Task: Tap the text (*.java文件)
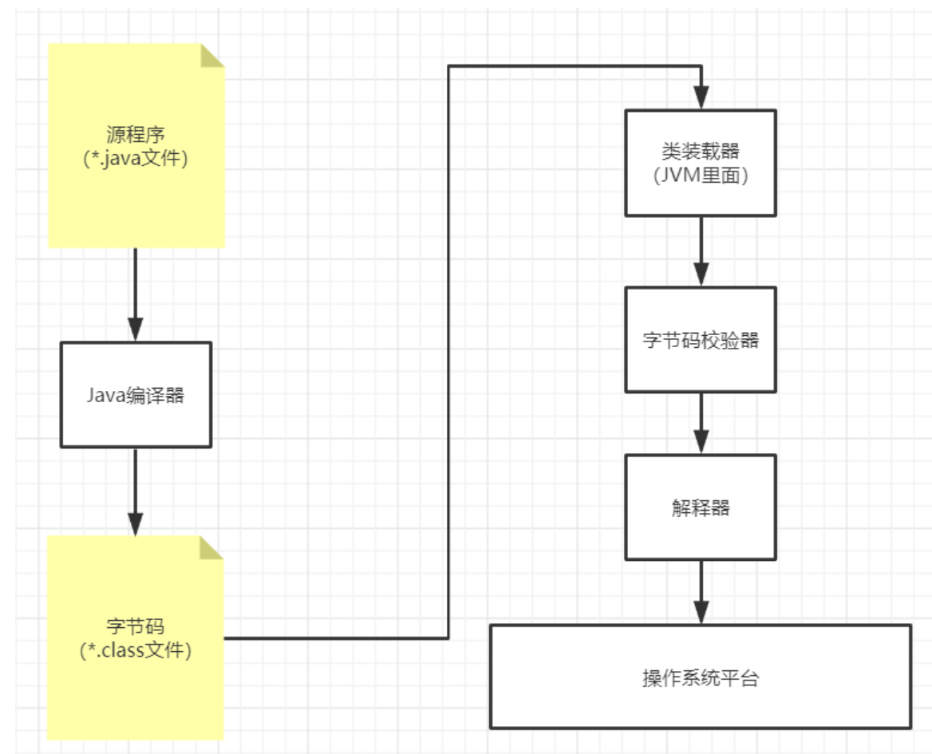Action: pyautogui.click(x=136, y=158)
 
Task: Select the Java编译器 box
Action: pyautogui.click(x=136, y=394)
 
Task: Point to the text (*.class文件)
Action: pyautogui.click(x=136, y=650)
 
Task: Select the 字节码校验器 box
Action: pyautogui.click(x=701, y=340)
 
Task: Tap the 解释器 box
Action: pyautogui.click(x=701, y=507)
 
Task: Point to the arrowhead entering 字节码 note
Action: pyautogui.click(x=136, y=523)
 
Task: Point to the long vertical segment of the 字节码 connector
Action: pyautogui.click(x=448, y=351)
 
